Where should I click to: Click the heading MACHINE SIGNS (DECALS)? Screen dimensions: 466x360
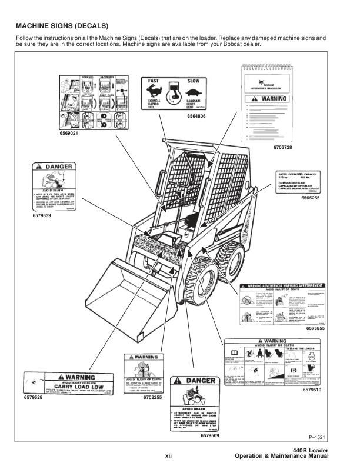(62, 26)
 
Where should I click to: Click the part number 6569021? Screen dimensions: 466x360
(69, 134)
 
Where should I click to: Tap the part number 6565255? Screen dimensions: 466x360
(311, 198)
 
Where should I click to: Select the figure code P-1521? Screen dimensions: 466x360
(318, 437)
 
